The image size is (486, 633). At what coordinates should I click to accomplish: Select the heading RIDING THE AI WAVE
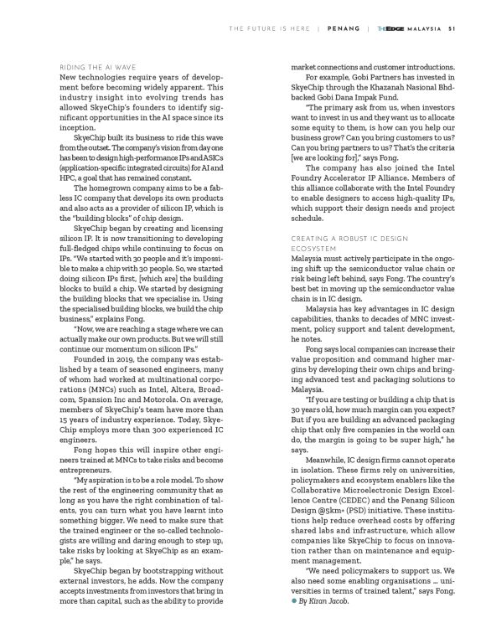coord(99,67)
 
